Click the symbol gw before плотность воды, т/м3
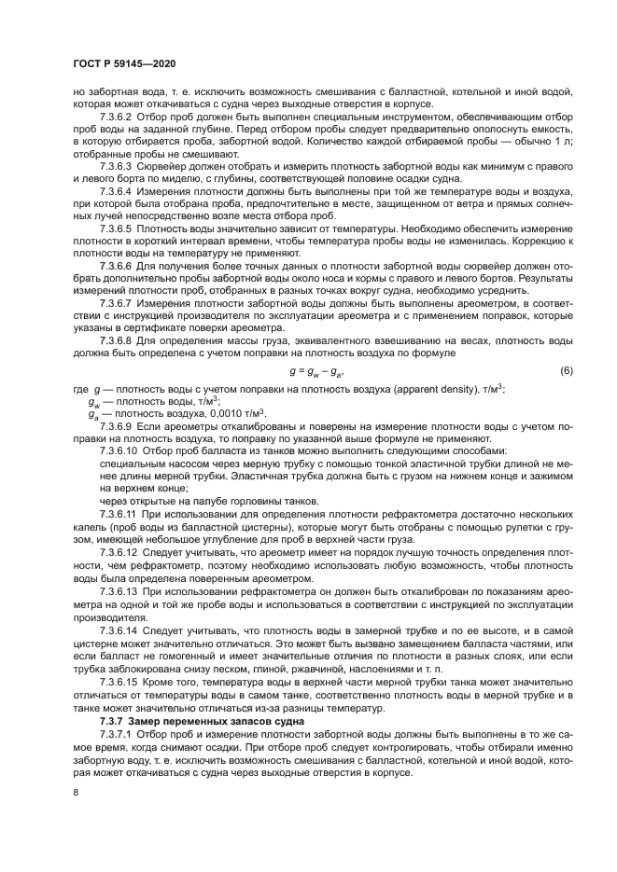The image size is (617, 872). (x=93, y=375)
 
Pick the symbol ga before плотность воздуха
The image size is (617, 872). (x=93, y=388)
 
